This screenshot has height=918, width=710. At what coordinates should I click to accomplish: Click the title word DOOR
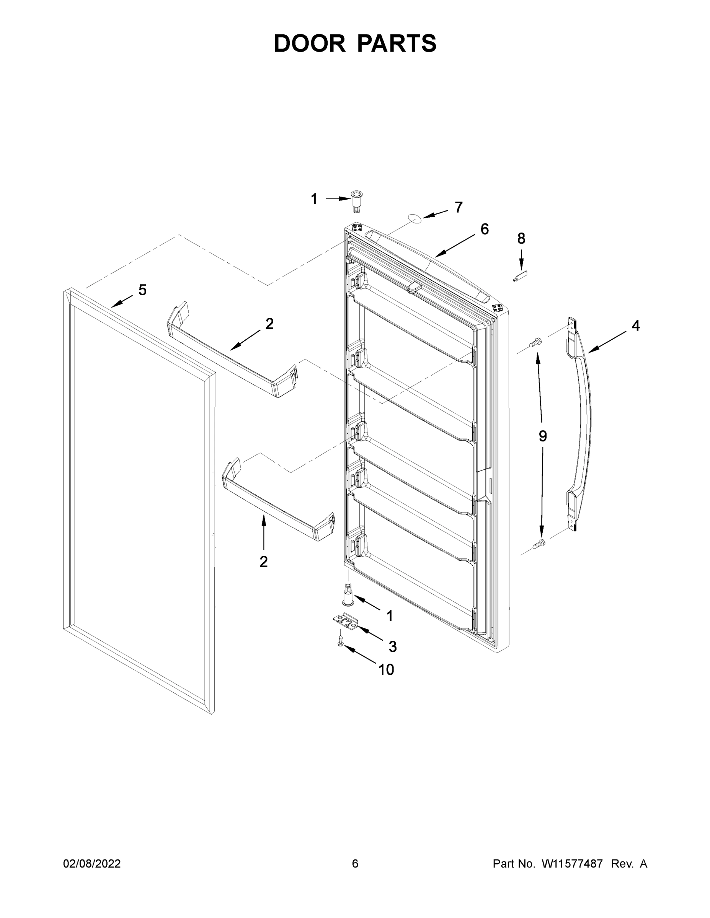point(309,43)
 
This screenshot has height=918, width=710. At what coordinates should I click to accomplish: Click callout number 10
point(386,670)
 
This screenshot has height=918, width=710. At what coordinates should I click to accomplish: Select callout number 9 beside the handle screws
point(543,436)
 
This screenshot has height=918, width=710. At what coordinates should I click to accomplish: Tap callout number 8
point(521,238)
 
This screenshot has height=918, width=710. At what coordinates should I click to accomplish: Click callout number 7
point(459,207)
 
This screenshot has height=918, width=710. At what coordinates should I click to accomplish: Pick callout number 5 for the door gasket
point(143,290)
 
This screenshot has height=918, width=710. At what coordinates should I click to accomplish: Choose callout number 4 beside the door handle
point(635,326)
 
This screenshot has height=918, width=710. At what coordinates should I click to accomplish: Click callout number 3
point(392,646)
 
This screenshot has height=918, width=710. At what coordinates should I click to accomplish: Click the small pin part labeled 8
point(520,277)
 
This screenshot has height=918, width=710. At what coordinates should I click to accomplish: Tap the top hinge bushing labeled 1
point(356,200)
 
